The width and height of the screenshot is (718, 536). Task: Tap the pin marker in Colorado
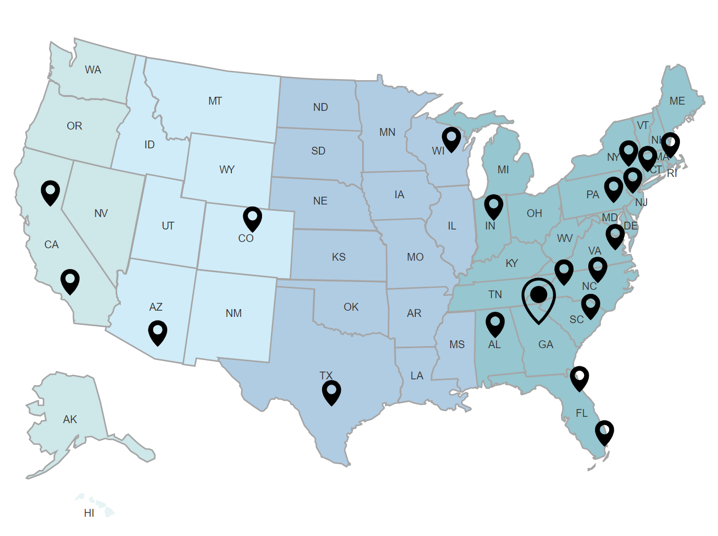point(252,218)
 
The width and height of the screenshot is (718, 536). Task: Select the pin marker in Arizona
point(157,332)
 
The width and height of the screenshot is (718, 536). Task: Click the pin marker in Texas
point(331,392)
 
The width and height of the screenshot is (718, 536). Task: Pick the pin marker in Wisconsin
point(451,139)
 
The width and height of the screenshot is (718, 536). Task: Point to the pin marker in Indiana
point(493,206)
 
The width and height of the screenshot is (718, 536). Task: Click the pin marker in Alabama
point(495,324)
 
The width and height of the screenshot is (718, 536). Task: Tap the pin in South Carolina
point(590,305)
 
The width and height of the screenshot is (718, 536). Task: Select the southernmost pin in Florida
point(604,432)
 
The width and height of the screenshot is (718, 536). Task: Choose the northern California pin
point(51,192)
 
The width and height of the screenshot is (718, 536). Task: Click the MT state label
point(215,101)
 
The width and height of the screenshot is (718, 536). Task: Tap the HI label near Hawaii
point(89,513)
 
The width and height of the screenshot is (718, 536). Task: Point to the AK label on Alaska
point(70,419)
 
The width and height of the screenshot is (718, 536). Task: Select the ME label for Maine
point(677,101)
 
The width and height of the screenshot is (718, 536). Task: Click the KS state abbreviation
point(339,257)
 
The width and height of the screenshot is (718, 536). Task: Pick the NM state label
point(233,313)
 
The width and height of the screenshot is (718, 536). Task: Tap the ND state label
point(320,107)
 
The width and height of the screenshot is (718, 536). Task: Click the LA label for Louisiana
point(417,376)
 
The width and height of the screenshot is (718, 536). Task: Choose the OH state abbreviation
point(534,213)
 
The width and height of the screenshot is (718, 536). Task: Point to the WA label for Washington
point(93,70)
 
